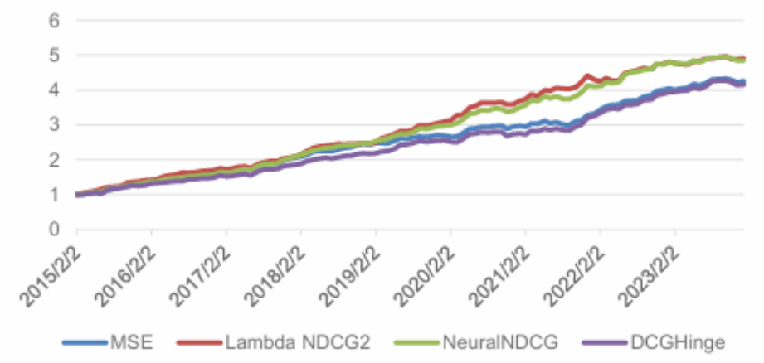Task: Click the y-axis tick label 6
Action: (x=54, y=20)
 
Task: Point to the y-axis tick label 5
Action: (x=54, y=55)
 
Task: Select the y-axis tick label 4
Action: (x=54, y=90)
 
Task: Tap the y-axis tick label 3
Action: (x=54, y=125)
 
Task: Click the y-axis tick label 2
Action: (x=54, y=160)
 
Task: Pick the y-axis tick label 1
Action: (x=54, y=195)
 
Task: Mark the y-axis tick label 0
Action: (x=54, y=230)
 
